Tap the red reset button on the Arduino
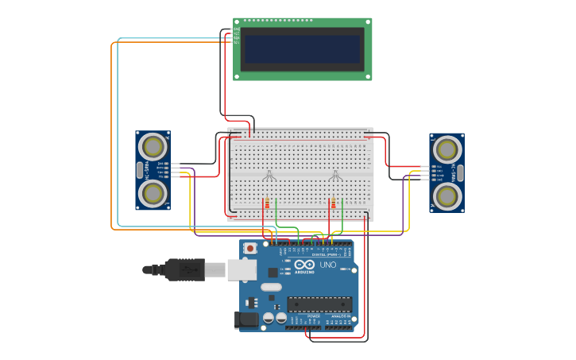tap(250, 248)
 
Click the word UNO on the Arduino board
tap(327, 265)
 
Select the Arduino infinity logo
tap(304, 265)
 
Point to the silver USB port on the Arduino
tap(242, 270)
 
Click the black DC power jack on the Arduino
tap(247, 320)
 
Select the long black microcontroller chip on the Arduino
tap(319, 304)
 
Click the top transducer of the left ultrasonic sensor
tap(153, 147)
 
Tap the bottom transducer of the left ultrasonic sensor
tap(153, 193)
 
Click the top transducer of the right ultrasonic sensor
tap(447, 149)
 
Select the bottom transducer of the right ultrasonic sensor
tap(447, 195)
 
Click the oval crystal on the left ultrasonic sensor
tap(140, 170)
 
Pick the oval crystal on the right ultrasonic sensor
tap(460, 172)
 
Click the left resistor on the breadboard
tap(267, 203)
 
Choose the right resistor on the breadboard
tap(333, 203)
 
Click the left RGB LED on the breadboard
tap(269, 176)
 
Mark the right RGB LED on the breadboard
tap(335, 176)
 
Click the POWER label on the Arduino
tap(314, 315)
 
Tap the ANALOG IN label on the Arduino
tap(339, 315)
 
